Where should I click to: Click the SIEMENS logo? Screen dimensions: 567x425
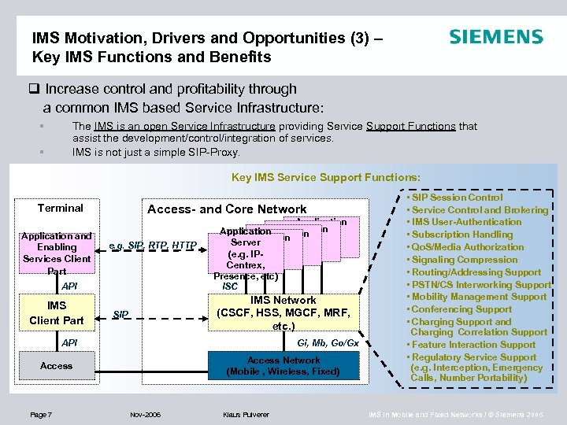tap(495, 37)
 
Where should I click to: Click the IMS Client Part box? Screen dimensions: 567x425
tap(57, 312)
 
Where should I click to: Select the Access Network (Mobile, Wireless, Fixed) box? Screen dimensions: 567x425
tap(283, 365)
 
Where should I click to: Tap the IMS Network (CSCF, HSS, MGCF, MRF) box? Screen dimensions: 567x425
tap(283, 312)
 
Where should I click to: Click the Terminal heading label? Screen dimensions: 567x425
tap(61, 208)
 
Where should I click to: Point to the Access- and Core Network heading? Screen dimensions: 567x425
tap(227, 209)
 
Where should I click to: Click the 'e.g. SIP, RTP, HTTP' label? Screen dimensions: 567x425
tap(153, 244)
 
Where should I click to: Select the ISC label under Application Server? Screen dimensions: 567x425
tap(230, 286)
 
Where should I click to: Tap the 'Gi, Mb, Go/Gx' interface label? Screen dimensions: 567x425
tap(328, 343)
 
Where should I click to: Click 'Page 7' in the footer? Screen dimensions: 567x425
tap(40, 413)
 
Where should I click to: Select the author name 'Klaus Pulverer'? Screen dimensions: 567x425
tap(246, 413)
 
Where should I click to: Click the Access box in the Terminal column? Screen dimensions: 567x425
tap(57, 365)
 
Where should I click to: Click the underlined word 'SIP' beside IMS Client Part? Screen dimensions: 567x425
tap(120, 315)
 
